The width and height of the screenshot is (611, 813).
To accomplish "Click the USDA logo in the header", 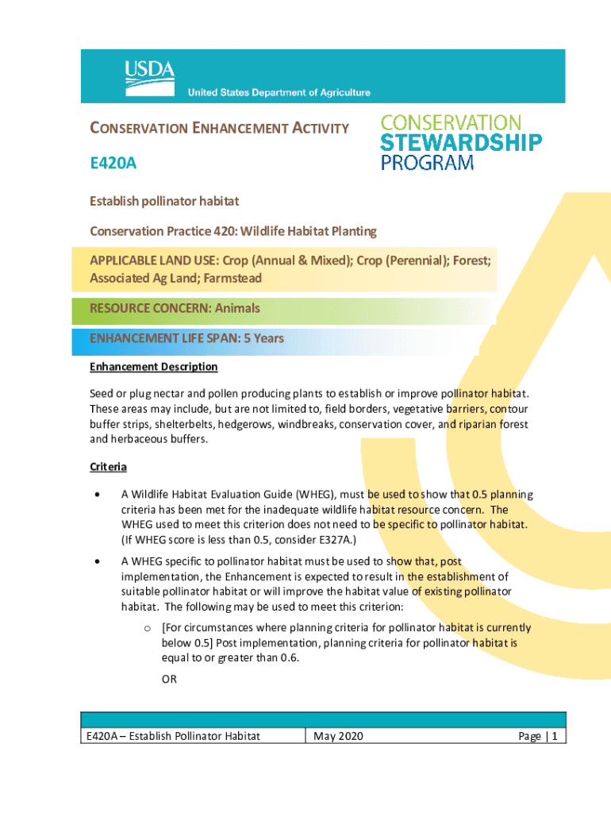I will (x=149, y=73).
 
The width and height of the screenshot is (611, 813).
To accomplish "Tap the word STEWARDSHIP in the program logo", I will (x=462, y=143).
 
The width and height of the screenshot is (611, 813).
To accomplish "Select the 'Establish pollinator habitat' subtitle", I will (x=164, y=202).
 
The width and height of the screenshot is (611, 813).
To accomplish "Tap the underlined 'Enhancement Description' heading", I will (x=154, y=367).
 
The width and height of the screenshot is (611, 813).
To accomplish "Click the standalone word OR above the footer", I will (x=169, y=680).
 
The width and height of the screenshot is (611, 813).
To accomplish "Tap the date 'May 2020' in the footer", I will (x=339, y=737).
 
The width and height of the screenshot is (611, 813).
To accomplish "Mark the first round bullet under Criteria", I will (x=98, y=495).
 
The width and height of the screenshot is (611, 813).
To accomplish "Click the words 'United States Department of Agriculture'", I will (x=279, y=93).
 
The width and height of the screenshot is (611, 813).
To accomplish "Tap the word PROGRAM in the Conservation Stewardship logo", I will (x=428, y=164).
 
